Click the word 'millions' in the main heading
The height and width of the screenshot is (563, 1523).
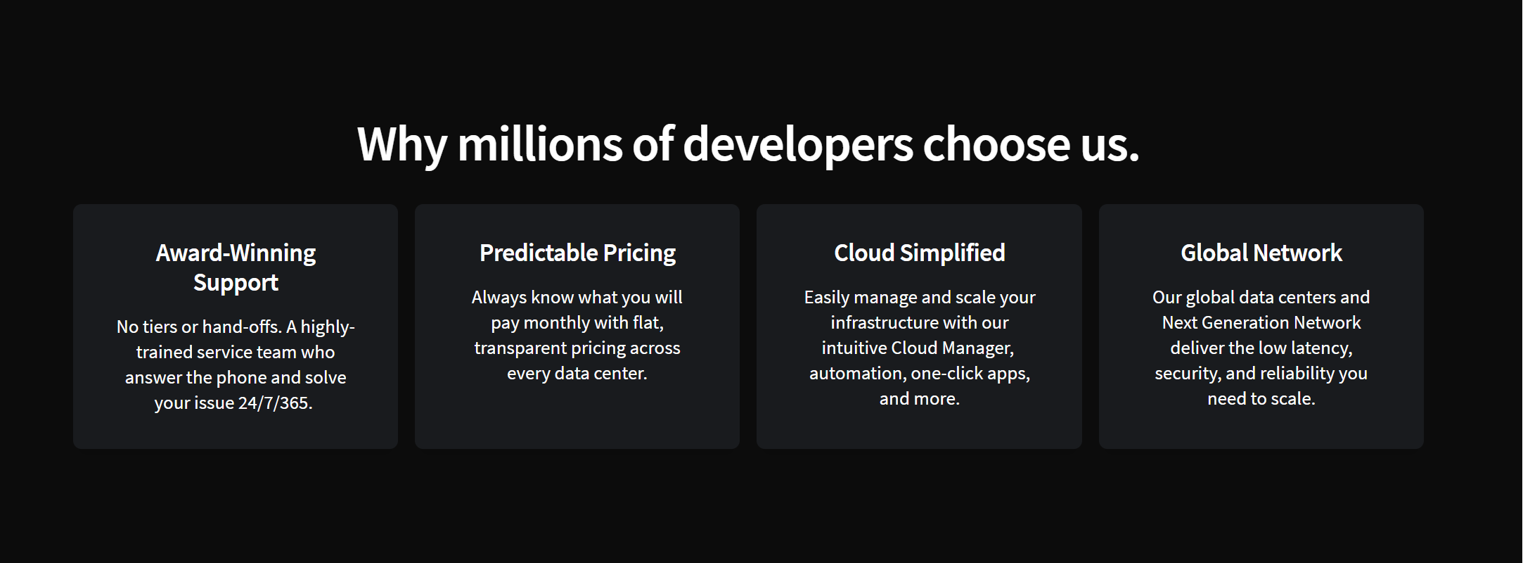[x=540, y=144]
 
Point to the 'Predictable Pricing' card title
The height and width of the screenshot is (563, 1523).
[x=577, y=253]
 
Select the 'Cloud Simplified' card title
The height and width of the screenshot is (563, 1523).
[x=920, y=253]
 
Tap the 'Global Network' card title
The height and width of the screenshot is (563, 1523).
[x=1261, y=253]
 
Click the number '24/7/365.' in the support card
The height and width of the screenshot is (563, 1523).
[x=276, y=403]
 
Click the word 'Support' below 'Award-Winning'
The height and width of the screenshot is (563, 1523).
[x=236, y=284]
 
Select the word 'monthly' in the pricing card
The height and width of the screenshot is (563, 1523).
[x=556, y=323]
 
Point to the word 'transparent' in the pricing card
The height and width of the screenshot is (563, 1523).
[x=520, y=348]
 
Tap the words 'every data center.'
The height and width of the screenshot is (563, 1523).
[x=577, y=374]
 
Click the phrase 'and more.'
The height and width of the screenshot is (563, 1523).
[x=920, y=399]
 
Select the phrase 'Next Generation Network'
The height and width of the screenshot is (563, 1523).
[x=1261, y=323]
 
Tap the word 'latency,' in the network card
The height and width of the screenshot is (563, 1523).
[x=1322, y=348]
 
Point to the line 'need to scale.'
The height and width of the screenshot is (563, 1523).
[x=1261, y=399]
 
